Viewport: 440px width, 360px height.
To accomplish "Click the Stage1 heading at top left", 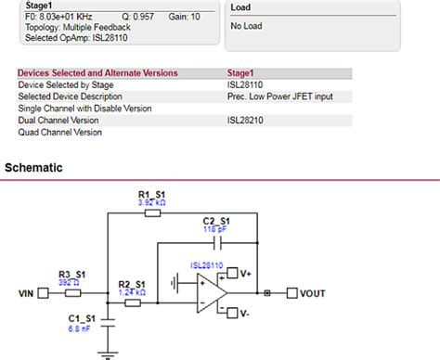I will (x=39, y=6).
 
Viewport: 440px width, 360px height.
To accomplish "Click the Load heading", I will (x=240, y=6).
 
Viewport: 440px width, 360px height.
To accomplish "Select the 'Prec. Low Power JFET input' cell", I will (x=281, y=96).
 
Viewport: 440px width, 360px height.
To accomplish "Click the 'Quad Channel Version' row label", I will (x=60, y=132).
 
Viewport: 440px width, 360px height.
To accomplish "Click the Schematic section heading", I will (x=34, y=168).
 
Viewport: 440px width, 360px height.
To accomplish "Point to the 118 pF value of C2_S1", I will (x=215, y=228).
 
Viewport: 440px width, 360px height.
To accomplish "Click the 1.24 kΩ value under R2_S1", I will (x=131, y=292).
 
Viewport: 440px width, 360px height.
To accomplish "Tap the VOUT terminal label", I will (x=312, y=294).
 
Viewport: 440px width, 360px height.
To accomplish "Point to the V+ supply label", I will (x=245, y=274).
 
